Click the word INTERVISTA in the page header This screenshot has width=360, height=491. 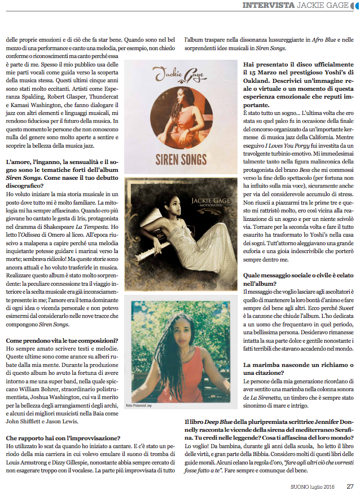(268, 6)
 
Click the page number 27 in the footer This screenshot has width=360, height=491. (350, 485)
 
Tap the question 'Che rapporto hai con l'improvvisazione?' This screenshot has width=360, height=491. (62, 437)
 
